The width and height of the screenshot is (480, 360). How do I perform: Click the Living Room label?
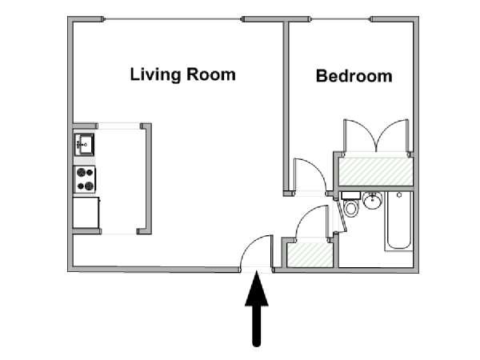point(182,74)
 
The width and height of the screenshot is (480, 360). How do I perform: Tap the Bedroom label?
point(354,76)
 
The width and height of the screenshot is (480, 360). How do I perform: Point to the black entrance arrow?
point(257,309)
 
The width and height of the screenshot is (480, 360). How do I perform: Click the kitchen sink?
point(84,145)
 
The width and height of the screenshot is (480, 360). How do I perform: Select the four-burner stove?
point(85,179)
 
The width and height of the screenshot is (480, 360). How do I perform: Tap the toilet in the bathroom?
point(351,204)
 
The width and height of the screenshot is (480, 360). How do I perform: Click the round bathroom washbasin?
point(373,200)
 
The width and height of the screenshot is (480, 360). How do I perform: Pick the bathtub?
point(399,221)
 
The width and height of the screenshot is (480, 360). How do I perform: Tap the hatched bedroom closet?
point(376,171)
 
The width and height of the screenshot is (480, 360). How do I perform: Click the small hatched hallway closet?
point(310,254)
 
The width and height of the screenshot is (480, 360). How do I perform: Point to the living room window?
point(173,19)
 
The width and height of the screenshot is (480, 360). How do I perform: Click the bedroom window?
point(341,19)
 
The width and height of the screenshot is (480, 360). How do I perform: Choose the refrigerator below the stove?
point(86,213)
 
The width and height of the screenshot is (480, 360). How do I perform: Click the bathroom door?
point(342,215)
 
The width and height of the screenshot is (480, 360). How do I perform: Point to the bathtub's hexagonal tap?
point(399,194)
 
